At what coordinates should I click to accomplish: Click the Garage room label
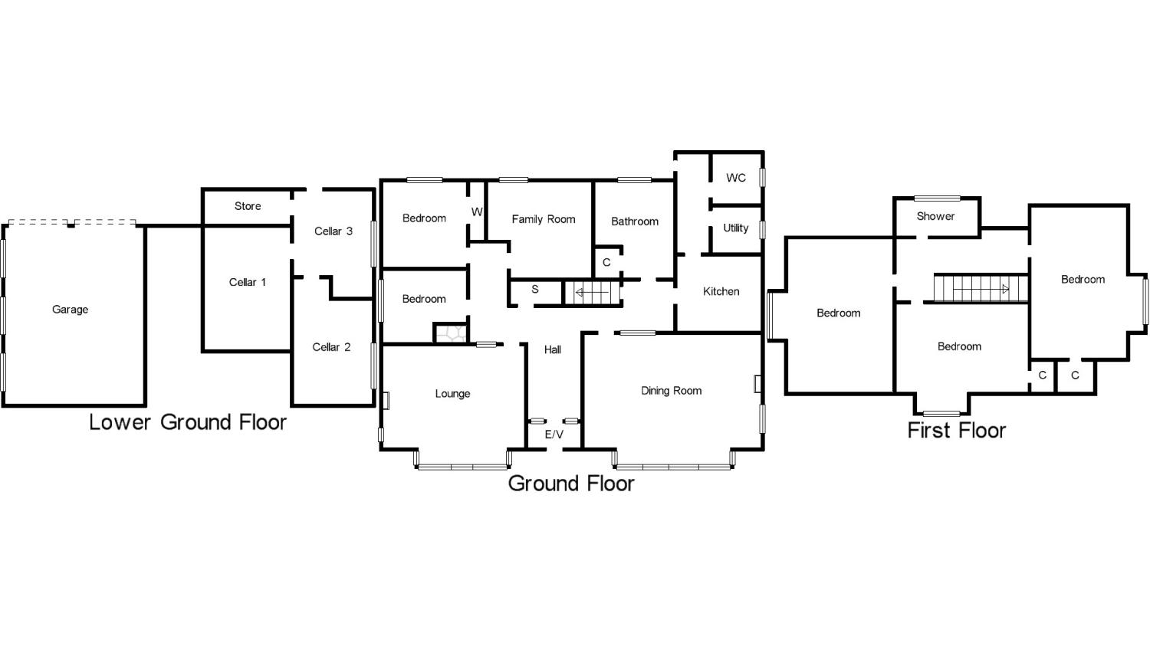point(70,310)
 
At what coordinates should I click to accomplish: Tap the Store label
point(248,206)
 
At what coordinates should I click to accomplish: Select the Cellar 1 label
point(248,282)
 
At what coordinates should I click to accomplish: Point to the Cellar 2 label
point(331,347)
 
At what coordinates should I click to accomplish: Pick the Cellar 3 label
point(333,231)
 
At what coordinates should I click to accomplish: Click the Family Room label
point(543,219)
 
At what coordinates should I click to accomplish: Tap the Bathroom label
point(635,221)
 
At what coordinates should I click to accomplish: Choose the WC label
point(736,178)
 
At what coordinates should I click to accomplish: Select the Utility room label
point(736,228)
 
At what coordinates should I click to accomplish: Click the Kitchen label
point(721,291)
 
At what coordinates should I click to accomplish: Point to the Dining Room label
point(671,391)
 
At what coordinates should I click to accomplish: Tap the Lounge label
point(452,394)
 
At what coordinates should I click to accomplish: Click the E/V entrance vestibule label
point(554,434)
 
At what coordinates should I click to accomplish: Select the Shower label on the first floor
point(935,216)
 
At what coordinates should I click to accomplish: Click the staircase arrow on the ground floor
point(587,292)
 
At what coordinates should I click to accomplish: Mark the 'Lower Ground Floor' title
point(188,422)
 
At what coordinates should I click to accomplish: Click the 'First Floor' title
point(956,430)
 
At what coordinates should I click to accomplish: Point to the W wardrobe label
point(477,212)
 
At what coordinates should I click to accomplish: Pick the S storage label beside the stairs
point(535,290)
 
